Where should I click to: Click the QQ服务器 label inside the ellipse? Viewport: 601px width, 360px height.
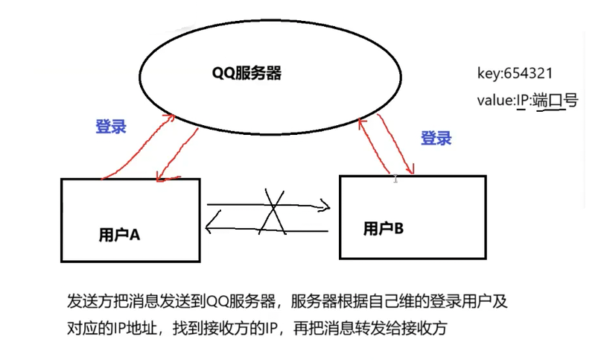pos(245,74)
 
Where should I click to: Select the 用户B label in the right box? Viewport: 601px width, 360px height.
pos(383,228)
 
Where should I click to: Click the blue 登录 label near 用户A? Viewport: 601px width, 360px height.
pos(110,126)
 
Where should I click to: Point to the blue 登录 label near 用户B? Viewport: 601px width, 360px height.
pos(436,138)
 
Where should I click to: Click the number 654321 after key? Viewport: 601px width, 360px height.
pos(528,74)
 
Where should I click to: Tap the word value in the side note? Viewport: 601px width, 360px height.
pos(495,101)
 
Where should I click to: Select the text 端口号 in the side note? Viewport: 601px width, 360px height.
pos(559,101)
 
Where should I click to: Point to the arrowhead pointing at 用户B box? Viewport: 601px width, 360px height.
pos(325,204)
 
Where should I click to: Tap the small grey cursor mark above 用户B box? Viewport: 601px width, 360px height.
pos(395,178)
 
